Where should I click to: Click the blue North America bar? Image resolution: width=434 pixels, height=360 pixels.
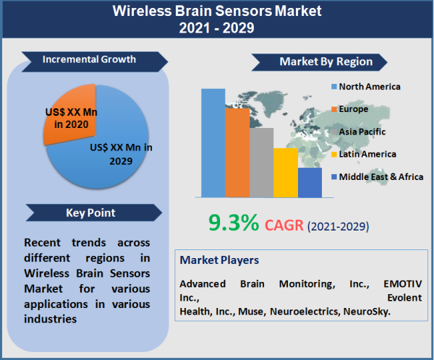click(x=213, y=142)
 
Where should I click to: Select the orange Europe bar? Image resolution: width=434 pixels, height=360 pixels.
click(x=237, y=152)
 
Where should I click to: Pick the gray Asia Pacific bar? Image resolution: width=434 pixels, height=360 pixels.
click(x=261, y=162)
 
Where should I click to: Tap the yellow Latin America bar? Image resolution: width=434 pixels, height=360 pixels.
click(x=285, y=173)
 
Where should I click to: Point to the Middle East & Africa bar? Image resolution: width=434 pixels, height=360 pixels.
click(x=310, y=182)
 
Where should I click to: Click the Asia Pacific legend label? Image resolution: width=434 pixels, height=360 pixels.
click(x=362, y=132)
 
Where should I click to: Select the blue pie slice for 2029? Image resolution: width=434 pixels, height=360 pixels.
click(x=101, y=155)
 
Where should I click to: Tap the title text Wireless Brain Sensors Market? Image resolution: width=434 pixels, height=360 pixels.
click(x=217, y=12)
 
